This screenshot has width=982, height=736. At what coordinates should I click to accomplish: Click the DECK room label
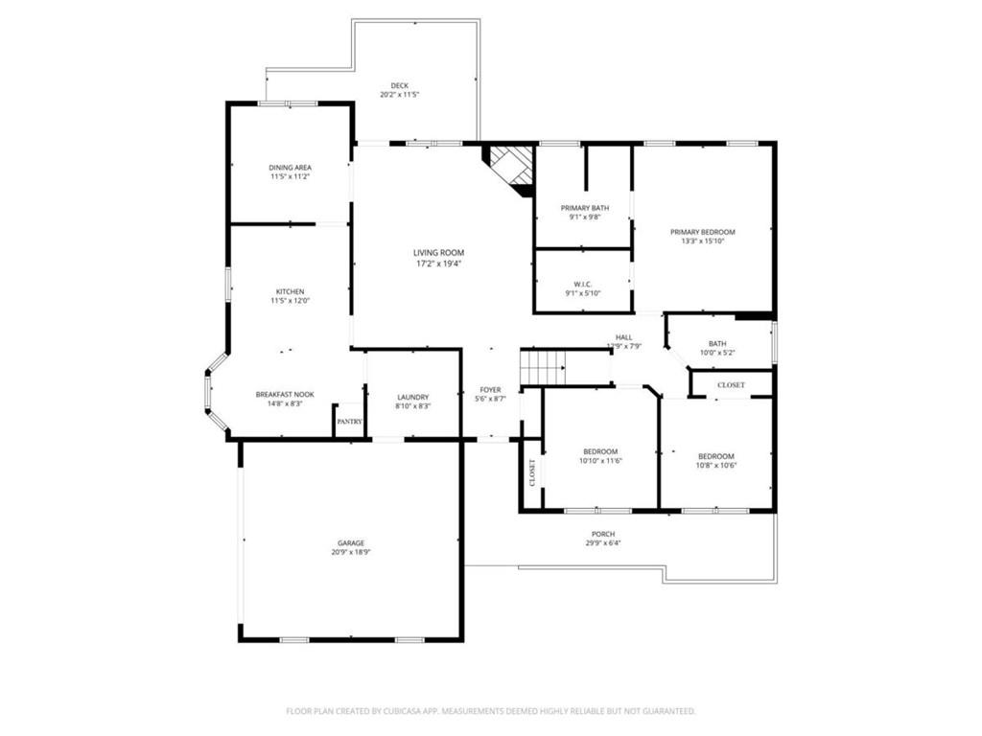399,85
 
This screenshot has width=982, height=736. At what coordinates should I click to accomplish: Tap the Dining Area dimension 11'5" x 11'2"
290,177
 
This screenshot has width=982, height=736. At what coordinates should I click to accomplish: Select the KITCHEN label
290,291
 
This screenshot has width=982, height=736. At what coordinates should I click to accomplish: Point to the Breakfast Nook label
284,394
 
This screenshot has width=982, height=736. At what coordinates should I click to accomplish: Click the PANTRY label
349,421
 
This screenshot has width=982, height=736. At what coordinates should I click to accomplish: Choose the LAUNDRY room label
413,397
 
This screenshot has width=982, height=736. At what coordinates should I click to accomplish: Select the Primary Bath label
584,208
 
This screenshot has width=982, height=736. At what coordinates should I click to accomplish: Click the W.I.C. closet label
583,284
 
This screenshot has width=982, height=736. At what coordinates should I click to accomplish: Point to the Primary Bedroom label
702,232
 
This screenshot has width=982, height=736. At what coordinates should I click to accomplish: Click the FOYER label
490,389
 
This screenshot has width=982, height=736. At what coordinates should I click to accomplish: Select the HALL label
623,337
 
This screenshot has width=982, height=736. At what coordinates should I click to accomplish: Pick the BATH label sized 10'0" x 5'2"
718,343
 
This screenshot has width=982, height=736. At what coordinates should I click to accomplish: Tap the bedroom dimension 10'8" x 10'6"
716,466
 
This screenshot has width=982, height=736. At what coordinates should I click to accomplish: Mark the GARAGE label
350,543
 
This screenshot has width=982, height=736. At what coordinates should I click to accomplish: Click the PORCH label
603,534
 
